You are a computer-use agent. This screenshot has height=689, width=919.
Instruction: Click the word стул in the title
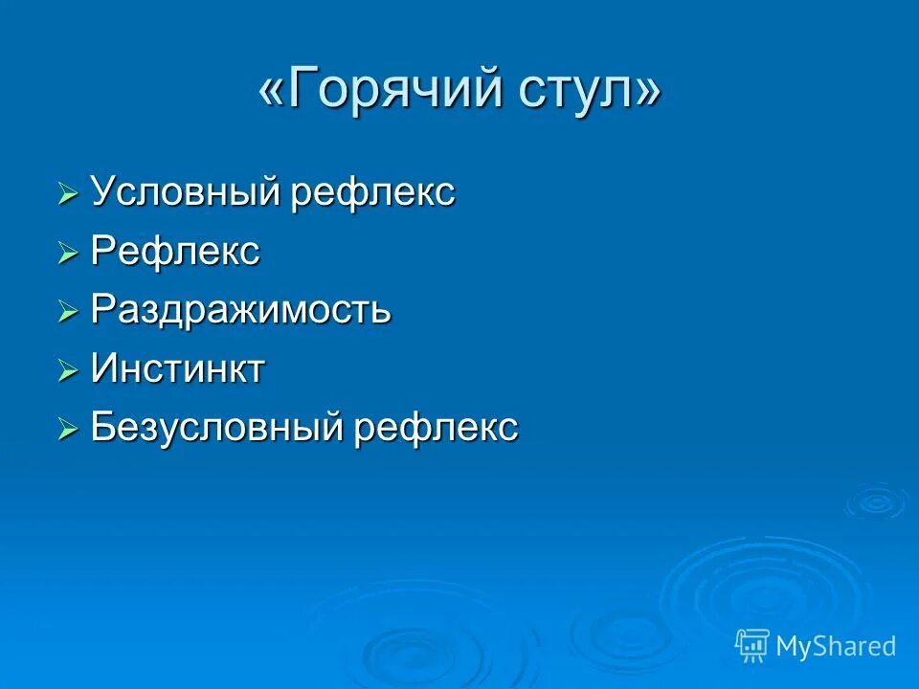[x=578, y=92]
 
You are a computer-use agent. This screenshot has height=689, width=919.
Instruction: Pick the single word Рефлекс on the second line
[x=175, y=253]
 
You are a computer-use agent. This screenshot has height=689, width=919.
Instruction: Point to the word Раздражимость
[x=240, y=311]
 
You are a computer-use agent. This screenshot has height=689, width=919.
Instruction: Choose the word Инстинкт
[x=177, y=369]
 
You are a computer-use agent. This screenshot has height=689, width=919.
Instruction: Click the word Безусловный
[x=217, y=428]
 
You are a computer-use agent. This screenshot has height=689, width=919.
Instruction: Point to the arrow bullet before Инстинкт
[x=67, y=371]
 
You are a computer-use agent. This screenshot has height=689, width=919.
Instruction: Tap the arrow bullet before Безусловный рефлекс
[x=67, y=430]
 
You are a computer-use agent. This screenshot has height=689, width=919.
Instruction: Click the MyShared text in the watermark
[x=835, y=646]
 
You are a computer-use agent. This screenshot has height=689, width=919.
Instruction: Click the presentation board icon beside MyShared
[x=751, y=646]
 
